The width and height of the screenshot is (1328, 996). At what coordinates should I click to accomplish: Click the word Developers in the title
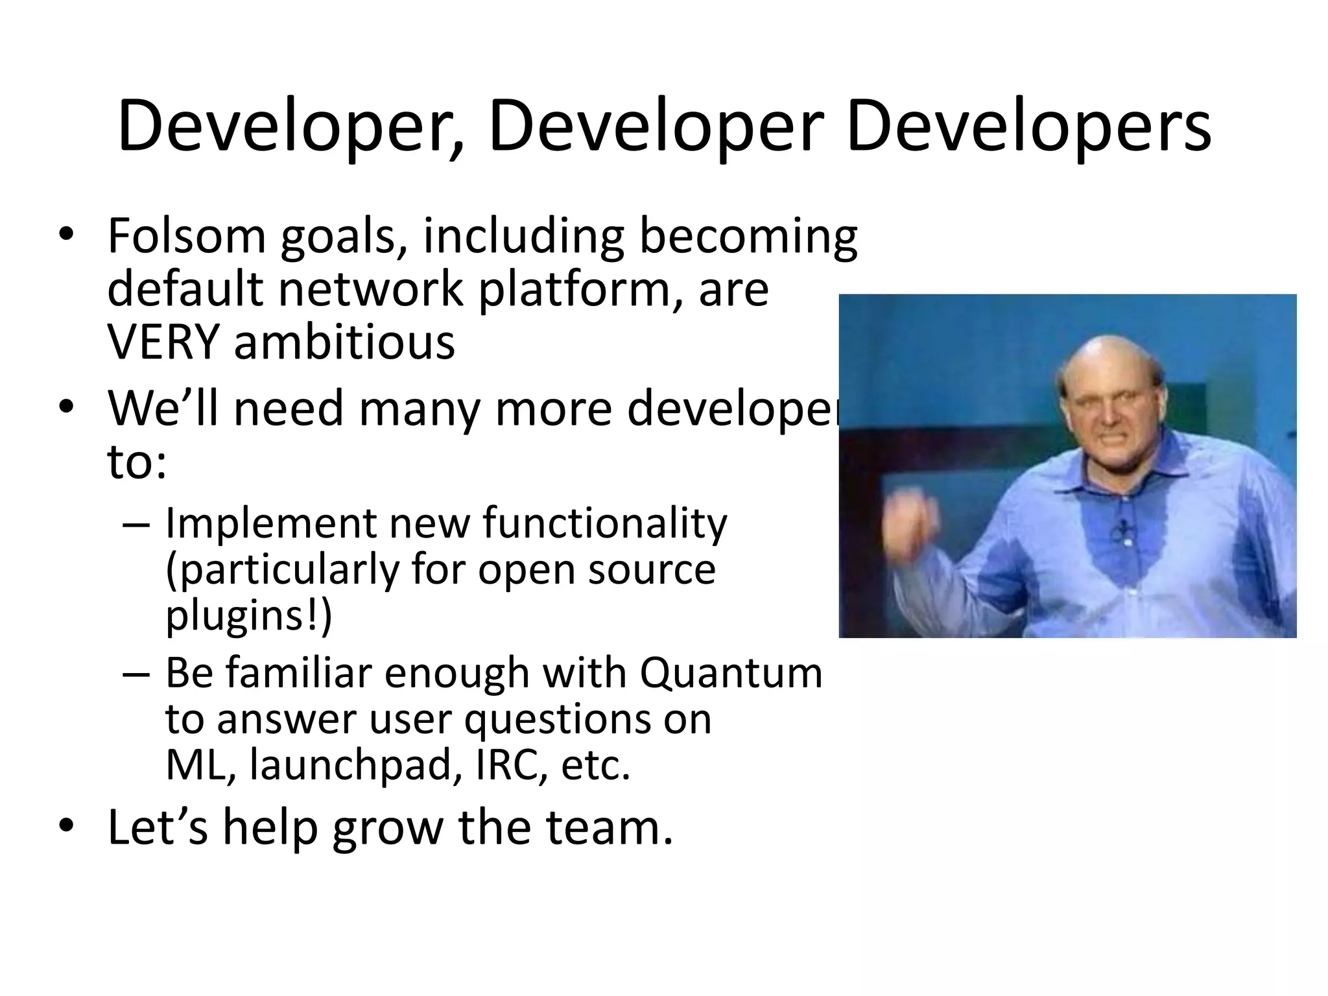pos(1028,127)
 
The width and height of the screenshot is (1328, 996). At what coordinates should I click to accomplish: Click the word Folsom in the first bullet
pos(187,236)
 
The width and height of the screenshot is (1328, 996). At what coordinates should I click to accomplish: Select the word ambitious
pos(344,343)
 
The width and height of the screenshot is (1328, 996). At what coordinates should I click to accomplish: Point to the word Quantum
pos(731,673)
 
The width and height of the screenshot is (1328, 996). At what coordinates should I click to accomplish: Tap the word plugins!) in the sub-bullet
pos(248,616)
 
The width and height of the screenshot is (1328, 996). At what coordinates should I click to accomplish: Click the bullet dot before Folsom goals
pos(66,235)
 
